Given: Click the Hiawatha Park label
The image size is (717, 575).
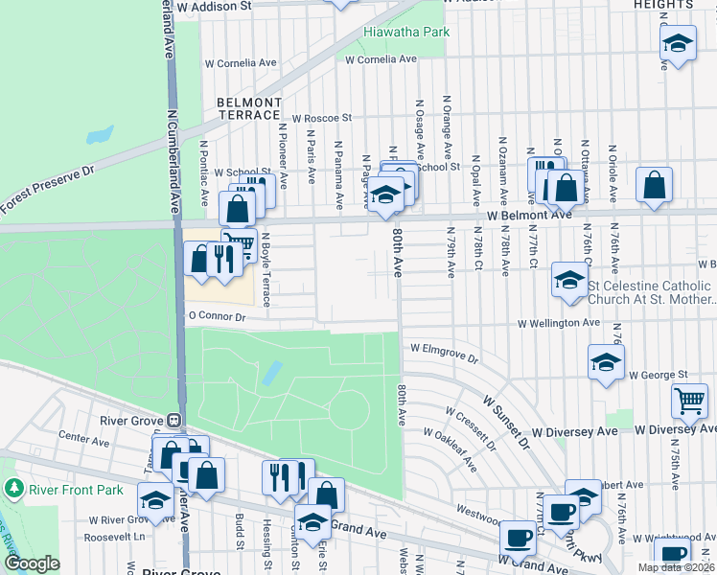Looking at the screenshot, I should [406, 32].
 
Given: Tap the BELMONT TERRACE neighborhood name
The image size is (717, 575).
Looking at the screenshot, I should [249, 108].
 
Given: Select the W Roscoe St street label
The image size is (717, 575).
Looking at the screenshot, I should [323, 118].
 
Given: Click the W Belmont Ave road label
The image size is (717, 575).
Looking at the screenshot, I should [528, 217].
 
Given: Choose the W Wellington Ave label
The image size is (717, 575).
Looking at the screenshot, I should [559, 324].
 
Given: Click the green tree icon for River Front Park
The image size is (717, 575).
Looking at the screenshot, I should [13, 489].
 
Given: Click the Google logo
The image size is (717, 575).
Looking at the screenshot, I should [32, 563].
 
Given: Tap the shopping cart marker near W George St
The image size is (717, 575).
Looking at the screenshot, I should [690, 402].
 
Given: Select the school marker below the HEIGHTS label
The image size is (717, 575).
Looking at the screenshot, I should [678, 43].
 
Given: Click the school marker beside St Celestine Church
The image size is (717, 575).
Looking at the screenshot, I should [568, 281].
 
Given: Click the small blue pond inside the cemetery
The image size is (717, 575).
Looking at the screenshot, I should [272, 372].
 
